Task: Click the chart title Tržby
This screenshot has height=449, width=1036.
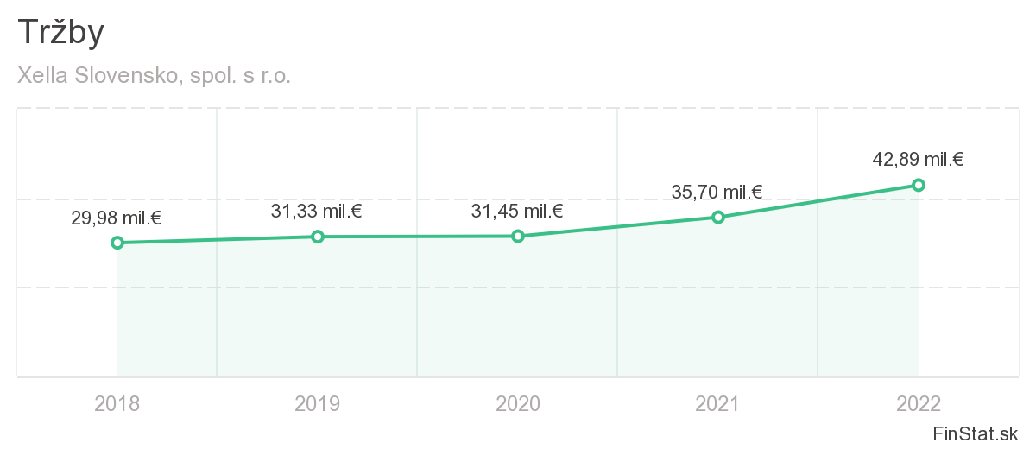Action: [60, 33]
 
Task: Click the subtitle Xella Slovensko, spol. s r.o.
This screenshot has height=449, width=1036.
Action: [154, 76]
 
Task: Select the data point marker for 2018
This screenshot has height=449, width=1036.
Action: [117, 243]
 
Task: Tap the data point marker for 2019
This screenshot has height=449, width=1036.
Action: [318, 237]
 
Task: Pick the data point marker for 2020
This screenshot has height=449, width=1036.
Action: [518, 236]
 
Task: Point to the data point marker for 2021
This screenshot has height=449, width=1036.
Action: [718, 217]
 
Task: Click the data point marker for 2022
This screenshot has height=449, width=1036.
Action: [919, 185]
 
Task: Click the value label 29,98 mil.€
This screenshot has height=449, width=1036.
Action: [116, 218]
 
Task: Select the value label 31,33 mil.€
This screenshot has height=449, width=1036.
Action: [316, 211]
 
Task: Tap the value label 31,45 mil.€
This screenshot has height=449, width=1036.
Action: [516, 211]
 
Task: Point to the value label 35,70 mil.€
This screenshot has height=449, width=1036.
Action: [717, 192]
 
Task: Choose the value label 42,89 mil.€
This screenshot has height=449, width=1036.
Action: [918, 160]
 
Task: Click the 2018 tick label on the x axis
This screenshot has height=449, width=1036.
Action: [117, 403]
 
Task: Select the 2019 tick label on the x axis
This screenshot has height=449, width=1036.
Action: [318, 403]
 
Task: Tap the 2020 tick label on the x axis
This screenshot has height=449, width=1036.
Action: [518, 403]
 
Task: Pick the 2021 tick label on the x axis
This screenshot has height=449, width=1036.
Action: [718, 403]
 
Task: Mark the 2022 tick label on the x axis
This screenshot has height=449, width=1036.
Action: [919, 403]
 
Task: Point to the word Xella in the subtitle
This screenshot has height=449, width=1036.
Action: [41, 76]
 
